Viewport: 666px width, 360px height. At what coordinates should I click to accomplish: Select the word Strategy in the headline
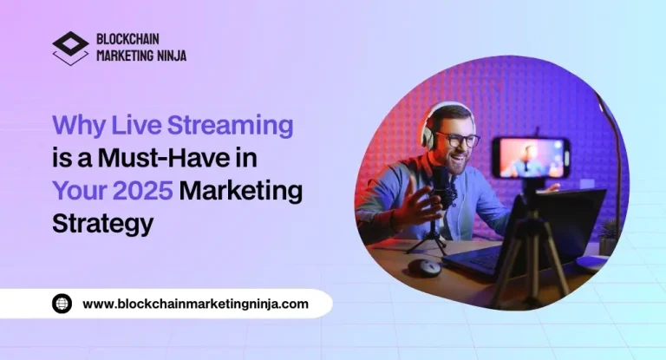pos(102,223)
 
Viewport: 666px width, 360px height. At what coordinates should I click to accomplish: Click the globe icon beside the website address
pos(62,304)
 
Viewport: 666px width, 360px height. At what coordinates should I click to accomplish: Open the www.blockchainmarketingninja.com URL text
pos(195,304)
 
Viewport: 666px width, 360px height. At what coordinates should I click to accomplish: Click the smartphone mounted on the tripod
pos(531,157)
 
